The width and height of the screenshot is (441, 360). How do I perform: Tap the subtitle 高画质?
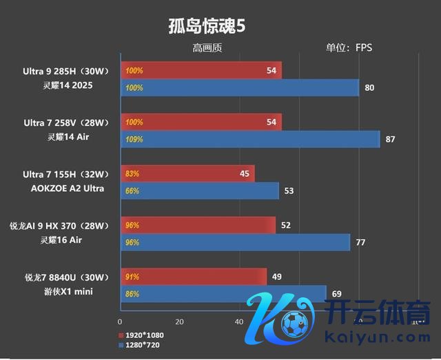pyautogui.click(x=207, y=48)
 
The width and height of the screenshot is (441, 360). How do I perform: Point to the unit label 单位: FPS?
pyautogui.click(x=349, y=48)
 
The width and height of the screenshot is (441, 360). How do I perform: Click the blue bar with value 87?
pyautogui.click(x=250, y=140)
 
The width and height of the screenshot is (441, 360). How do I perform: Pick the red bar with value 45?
pyautogui.click(x=187, y=173)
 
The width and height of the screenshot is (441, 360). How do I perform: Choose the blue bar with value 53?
pyautogui.click(x=200, y=191)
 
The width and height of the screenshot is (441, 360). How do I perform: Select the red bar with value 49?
pyautogui.click(x=194, y=277)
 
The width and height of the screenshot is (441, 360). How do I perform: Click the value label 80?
pyautogui.click(x=370, y=88)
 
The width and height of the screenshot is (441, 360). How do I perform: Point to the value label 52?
pyautogui.click(x=286, y=225)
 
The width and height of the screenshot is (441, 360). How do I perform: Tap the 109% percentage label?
pyautogui.click(x=134, y=140)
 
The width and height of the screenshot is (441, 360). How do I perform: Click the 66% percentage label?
pyautogui.click(x=132, y=191)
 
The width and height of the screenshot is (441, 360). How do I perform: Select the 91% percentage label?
pyautogui.click(x=132, y=277)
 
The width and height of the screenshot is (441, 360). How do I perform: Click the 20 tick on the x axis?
pyautogui.click(x=180, y=322)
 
